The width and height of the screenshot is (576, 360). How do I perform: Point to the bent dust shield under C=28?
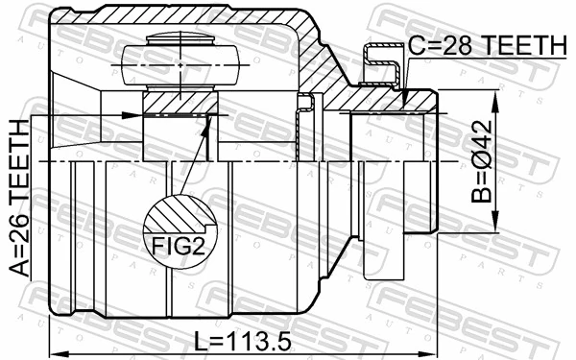(381, 67)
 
